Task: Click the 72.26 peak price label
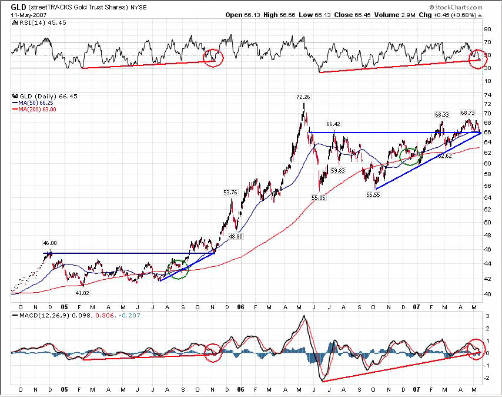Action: click(x=303, y=96)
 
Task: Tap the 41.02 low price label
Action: click(x=82, y=292)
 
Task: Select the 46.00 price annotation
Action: click(x=50, y=243)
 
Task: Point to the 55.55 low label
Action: click(x=373, y=194)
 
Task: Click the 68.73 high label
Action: click(x=468, y=113)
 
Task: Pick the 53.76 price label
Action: click(x=230, y=192)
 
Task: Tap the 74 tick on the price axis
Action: click(x=487, y=95)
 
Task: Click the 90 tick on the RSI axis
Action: click(x=487, y=29)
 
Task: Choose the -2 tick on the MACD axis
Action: click(x=487, y=379)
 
